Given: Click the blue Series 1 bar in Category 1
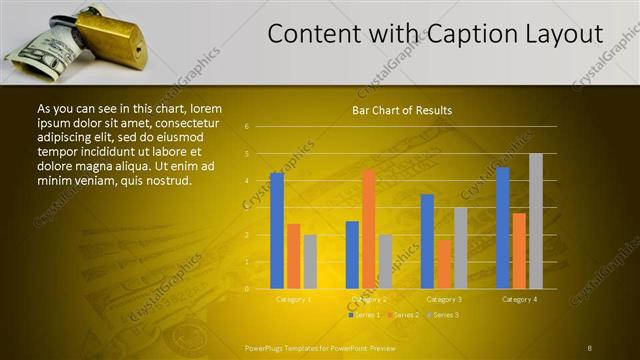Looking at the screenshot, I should (277, 230).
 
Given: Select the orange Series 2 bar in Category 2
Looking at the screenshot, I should (368, 229).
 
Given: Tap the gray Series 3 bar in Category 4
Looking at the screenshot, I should (535, 221).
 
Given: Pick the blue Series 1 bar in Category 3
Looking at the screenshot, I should (427, 241).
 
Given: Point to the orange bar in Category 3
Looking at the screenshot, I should (443, 264).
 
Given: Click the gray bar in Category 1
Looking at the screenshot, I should (310, 262).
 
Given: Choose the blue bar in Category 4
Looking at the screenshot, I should (502, 228).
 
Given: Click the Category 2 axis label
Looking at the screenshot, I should (368, 299).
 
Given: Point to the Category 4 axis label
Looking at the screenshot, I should (519, 299).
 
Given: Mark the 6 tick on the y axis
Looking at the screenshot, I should (246, 127).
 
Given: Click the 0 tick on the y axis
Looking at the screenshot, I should (246, 289).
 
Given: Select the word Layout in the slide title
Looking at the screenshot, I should (565, 34).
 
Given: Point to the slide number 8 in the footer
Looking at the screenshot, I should (590, 347).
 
